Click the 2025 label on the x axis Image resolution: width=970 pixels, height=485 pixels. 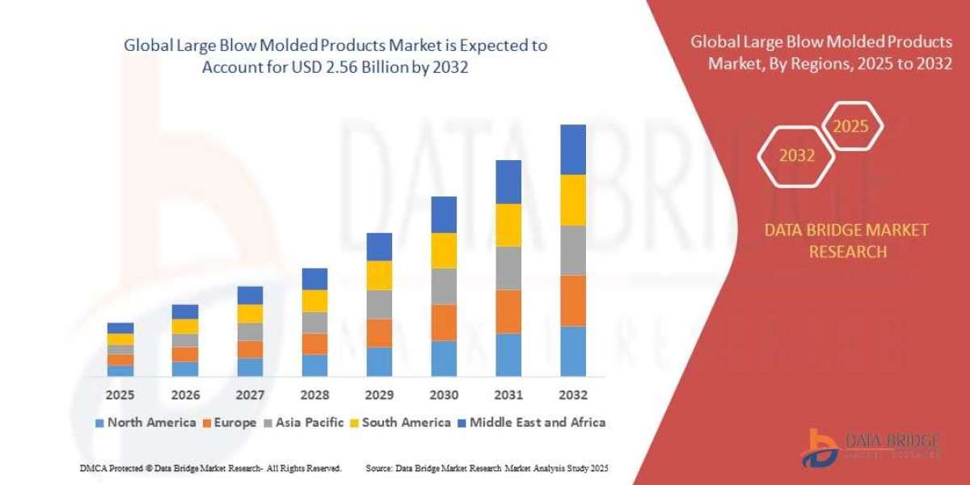(x=120, y=395)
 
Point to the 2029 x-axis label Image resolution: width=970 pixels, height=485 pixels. (x=379, y=395)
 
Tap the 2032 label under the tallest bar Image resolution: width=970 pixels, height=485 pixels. (x=572, y=395)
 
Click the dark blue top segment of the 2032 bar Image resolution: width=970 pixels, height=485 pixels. (x=572, y=150)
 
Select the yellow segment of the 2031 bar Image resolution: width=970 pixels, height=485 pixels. (x=508, y=225)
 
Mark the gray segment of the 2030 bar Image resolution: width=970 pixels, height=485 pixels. (x=444, y=285)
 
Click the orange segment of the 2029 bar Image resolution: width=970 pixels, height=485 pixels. (x=379, y=332)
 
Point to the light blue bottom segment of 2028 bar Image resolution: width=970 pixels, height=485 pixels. (x=314, y=365)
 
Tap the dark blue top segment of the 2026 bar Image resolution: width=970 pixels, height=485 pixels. (x=185, y=311)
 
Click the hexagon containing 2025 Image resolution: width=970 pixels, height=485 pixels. (x=850, y=127)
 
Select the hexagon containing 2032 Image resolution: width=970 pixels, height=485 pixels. (x=797, y=156)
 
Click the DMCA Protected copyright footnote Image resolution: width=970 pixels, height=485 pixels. (x=211, y=468)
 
